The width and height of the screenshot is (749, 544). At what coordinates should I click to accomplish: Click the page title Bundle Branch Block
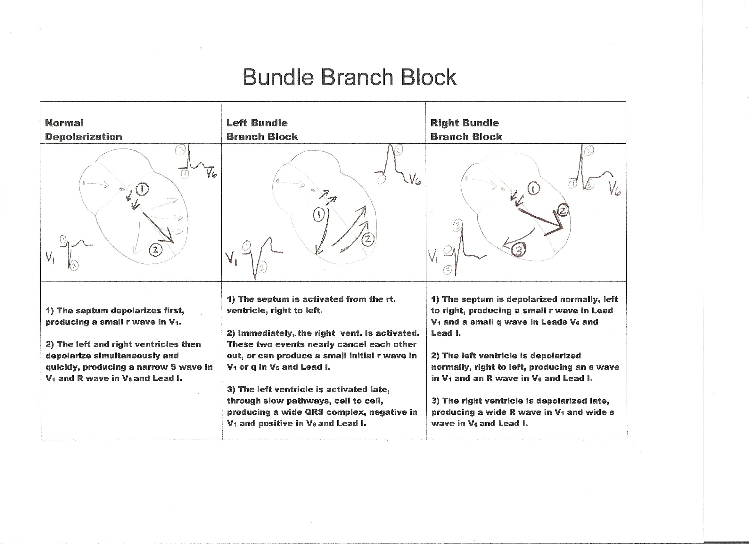(350, 77)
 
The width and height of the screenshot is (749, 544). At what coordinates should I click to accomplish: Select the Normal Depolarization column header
(83, 130)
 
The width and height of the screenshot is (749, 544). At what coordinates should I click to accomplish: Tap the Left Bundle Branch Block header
(262, 130)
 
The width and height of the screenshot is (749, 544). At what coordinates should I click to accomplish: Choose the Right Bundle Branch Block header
(466, 130)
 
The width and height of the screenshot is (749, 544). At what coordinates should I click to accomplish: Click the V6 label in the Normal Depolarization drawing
(211, 173)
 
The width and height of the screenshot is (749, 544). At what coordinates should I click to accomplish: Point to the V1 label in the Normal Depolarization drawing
(50, 256)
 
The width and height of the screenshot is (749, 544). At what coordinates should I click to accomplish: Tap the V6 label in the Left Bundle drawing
(415, 180)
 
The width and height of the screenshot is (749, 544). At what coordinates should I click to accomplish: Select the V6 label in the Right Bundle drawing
(614, 190)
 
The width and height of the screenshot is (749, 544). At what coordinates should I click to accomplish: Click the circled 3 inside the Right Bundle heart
(519, 251)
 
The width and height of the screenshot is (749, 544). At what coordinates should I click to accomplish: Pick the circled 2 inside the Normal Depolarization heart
(156, 250)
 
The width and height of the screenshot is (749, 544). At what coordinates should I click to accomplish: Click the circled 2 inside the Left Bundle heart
(368, 239)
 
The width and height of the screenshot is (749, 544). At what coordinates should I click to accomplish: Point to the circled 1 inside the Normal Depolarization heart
(142, 189)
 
